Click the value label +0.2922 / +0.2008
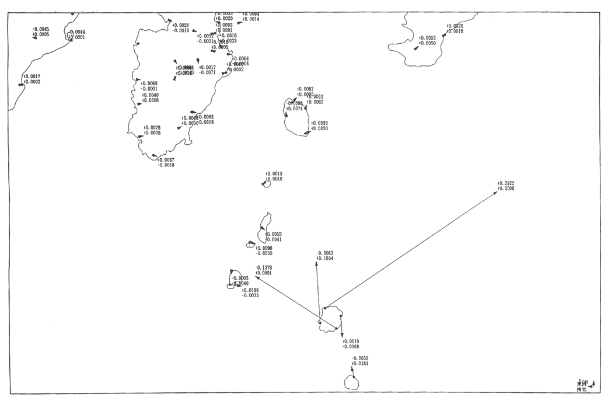coord(506,186)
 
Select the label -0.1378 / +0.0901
coord(264,270)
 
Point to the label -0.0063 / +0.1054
coord(324,255)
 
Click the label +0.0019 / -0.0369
coord(351,344)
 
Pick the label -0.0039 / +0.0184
coord(360,361)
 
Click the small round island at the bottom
coord(351,382)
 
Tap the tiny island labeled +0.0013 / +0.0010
coord(266,184)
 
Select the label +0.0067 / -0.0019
coord(166,162)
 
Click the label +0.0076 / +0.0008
coord(152,130)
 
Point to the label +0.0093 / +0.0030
coord(319,126)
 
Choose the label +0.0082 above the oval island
coord(305,89)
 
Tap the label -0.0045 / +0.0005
coord(40,32)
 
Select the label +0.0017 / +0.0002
coord(32,79)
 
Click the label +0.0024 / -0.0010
coord(180,27)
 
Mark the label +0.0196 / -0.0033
coord(250,292)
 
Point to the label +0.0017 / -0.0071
coord(207,70)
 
